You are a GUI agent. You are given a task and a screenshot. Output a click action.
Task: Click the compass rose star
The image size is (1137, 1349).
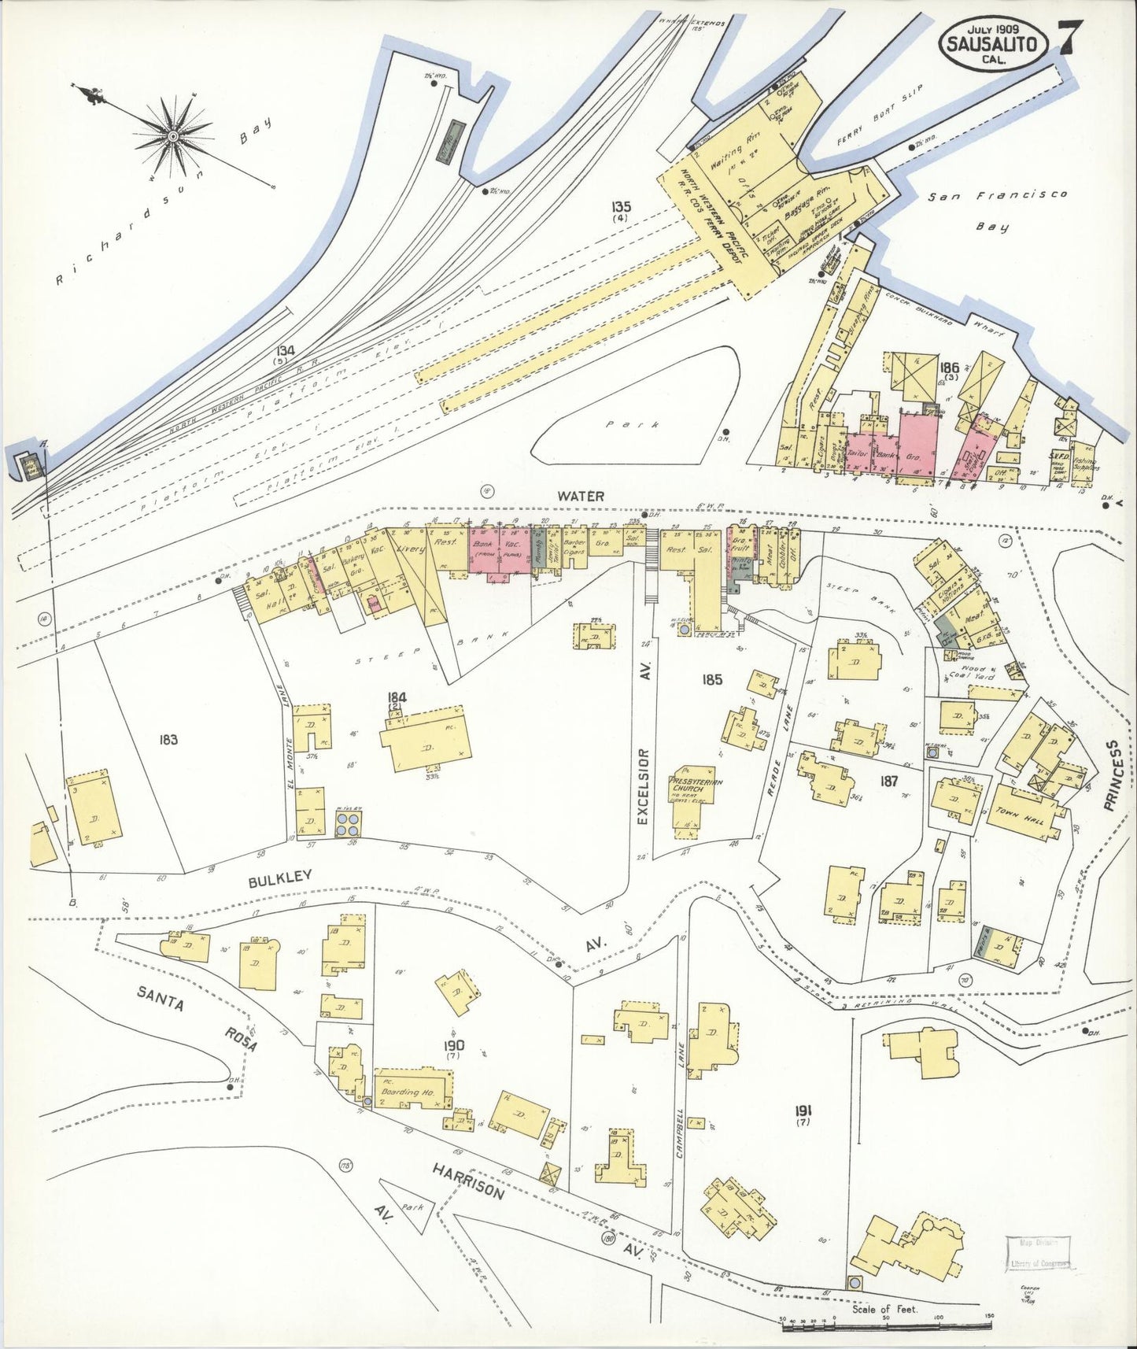coord(172,136)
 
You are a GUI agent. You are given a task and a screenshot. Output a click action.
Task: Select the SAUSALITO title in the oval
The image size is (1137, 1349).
coord(992,46)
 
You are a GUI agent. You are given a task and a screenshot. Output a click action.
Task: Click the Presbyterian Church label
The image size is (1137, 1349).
coord(696,787)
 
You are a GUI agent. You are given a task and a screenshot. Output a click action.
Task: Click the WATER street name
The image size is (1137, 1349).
coord(581,496)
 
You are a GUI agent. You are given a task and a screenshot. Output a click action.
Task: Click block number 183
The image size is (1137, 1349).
coord(168,739)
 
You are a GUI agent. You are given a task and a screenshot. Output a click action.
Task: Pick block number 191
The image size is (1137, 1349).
coord(803,1111)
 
